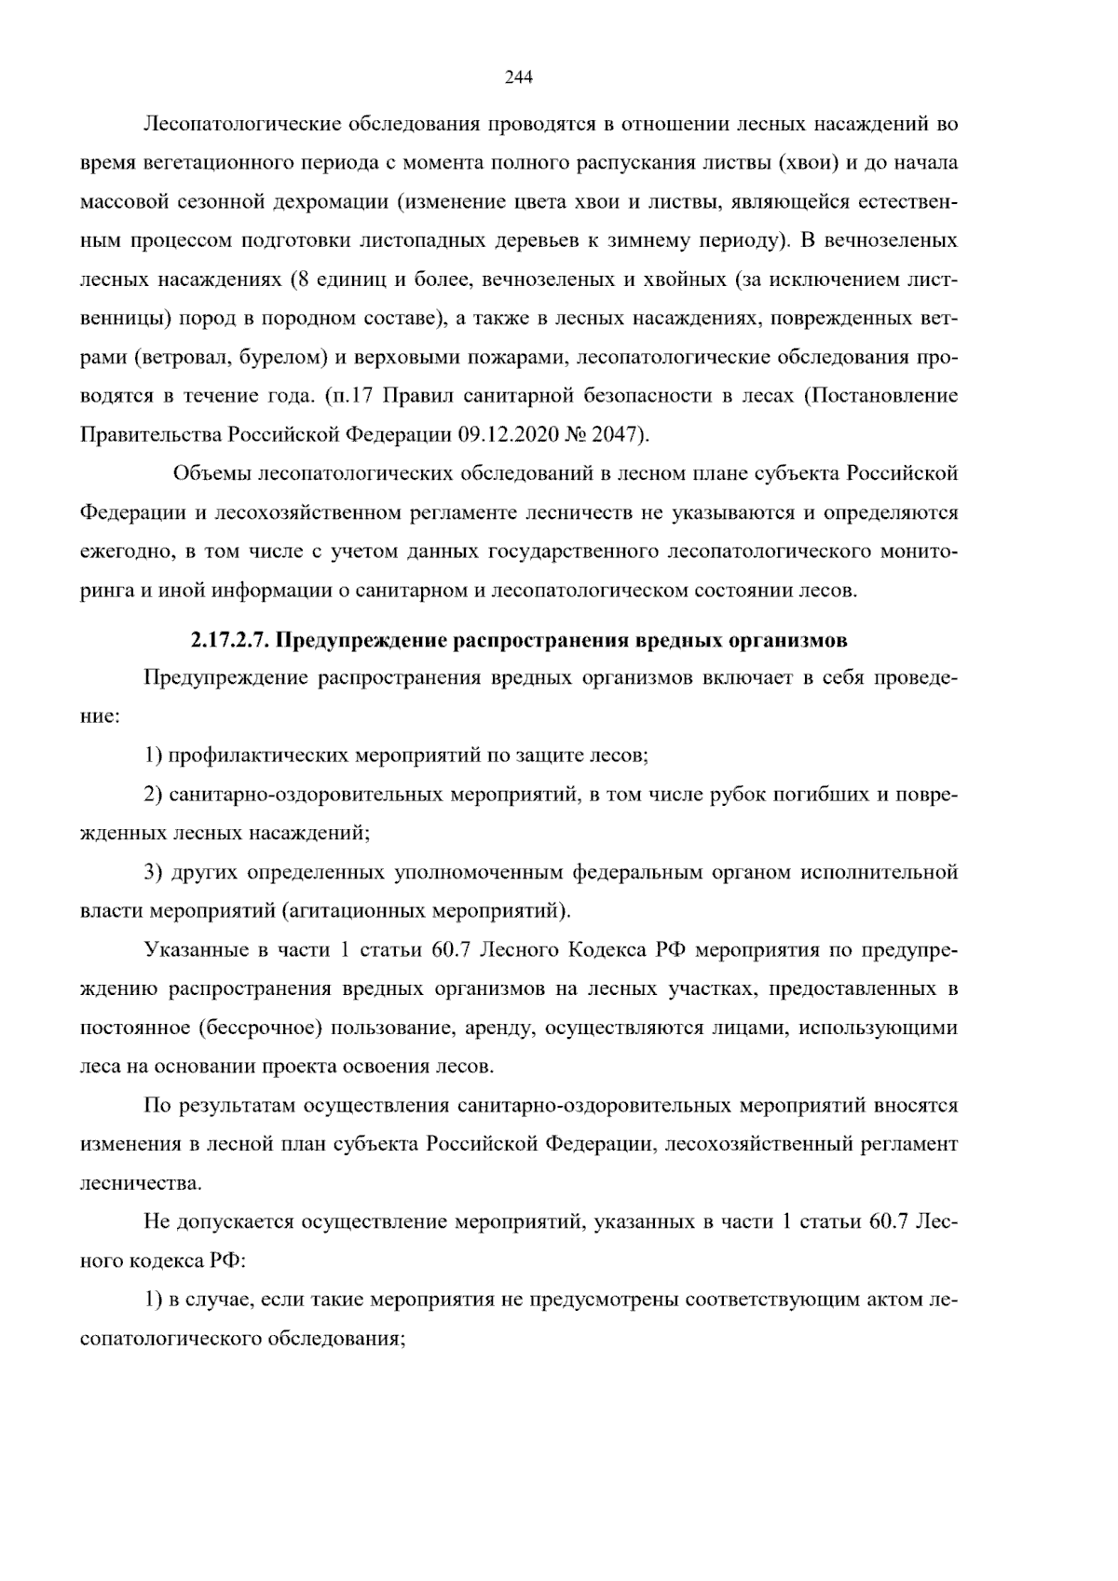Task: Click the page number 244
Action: point(518,78)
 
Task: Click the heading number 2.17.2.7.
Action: point(231,641)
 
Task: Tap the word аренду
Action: point(494,1029)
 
